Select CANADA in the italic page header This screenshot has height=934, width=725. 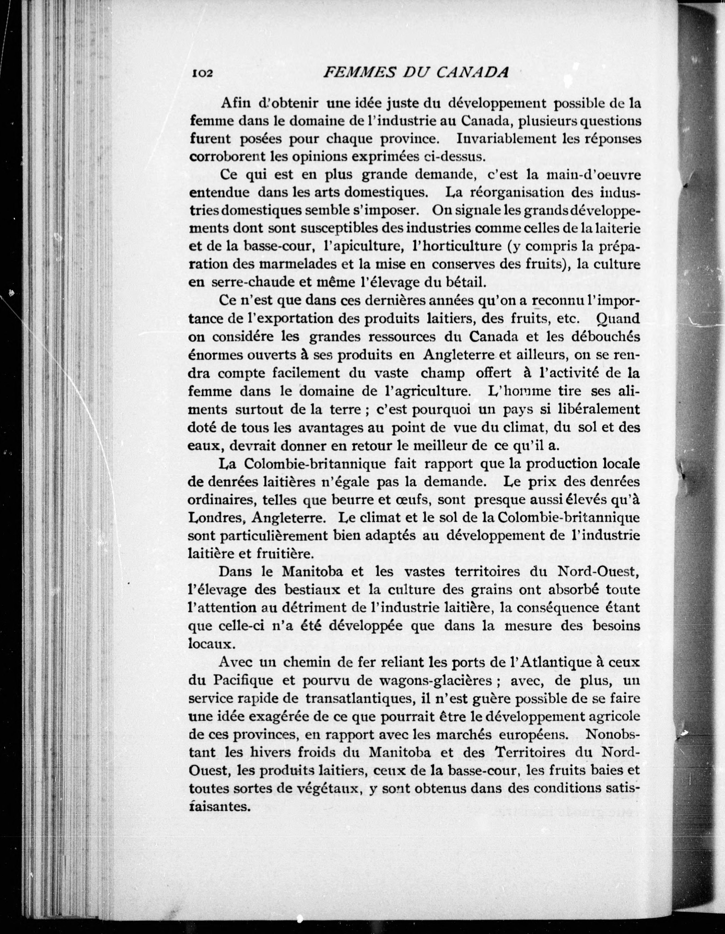(472, 72)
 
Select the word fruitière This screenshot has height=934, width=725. (285, 554)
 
